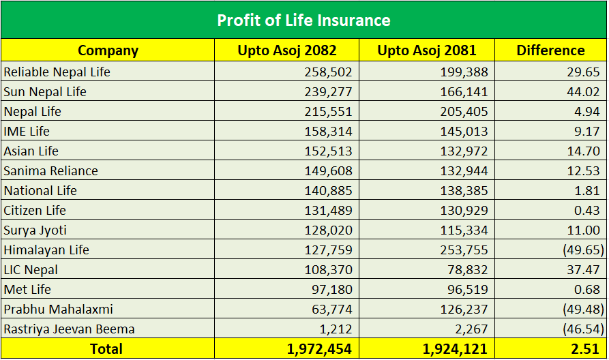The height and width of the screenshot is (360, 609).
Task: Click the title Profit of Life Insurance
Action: pyautogui.click(x=303, y=20)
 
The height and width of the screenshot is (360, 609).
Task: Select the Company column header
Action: pyautogui.click(x=108, y=50)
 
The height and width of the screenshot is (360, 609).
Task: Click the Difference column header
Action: pyautogui.click(x=550, y=50)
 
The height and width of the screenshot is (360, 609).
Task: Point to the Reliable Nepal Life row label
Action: pyautogui.click(x=57, y=72)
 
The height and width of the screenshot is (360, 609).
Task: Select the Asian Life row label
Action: pyautogui.click(x=31, y=151)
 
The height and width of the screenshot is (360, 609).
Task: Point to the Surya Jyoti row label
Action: pyautogui.click(x=35, y=230)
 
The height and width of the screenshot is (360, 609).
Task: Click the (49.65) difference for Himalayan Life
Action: pyautogui.click(x=583, y=250)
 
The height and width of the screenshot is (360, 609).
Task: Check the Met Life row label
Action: pyautogui.click(x=27, y=289)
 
